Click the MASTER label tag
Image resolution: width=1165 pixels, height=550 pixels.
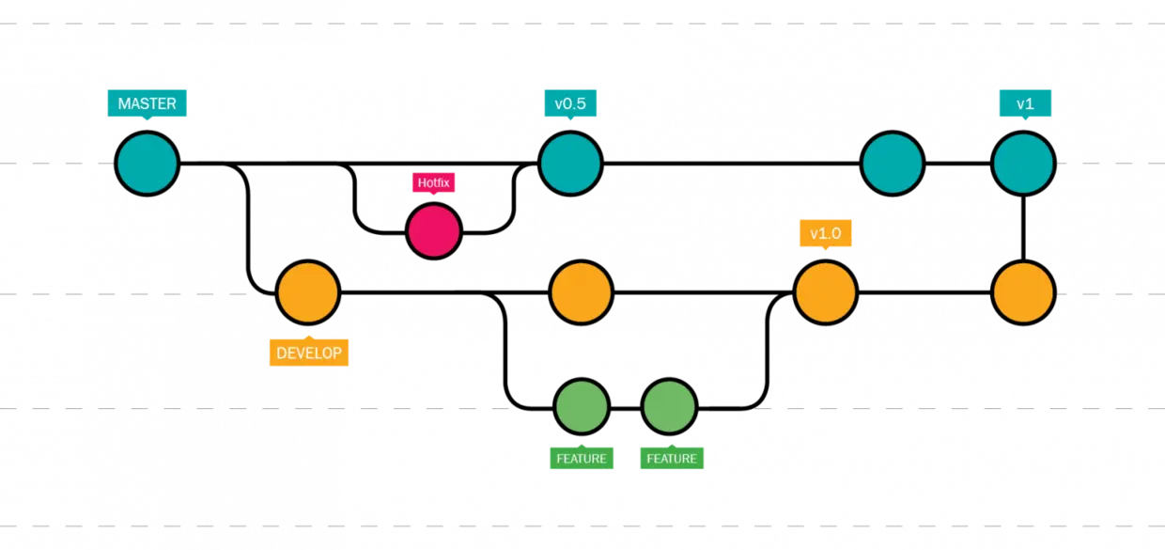tap(148, 103)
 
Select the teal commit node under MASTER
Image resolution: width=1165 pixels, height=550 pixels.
tap(148, 164)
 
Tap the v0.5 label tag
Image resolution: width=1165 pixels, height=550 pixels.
tap(570, 103)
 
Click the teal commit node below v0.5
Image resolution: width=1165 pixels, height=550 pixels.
tap(570, 164)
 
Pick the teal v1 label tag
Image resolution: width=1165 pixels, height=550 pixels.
tap(1025, 103)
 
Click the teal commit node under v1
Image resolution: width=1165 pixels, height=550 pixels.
tap(1023, 164)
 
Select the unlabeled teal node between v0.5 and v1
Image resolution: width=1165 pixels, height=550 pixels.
tap(893, 164)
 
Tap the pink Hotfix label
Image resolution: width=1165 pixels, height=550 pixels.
tap(434, 182)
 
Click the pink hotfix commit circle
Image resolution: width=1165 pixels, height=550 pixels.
tap(434, 231)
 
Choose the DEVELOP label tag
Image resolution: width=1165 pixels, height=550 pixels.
tap(309, 353)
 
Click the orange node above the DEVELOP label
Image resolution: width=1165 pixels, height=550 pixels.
tap(308, 292)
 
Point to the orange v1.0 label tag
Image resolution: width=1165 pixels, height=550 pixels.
tap(826, 233)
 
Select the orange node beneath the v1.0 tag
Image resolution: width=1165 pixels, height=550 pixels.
tap(826, 292)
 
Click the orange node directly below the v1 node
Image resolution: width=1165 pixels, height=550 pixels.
tap(1023, 292)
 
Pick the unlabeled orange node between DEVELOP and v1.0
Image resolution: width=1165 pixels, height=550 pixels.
tap(582, 292)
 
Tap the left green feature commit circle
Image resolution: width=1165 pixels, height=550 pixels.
tap(582, 407)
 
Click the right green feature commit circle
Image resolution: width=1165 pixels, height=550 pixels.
tap(669, 407)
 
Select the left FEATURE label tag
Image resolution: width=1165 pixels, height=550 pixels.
tap(582, 458)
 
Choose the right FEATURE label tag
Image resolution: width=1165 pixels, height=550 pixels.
tap(672, 458)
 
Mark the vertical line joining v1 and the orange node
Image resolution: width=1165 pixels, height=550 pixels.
tap(1023, 228)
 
